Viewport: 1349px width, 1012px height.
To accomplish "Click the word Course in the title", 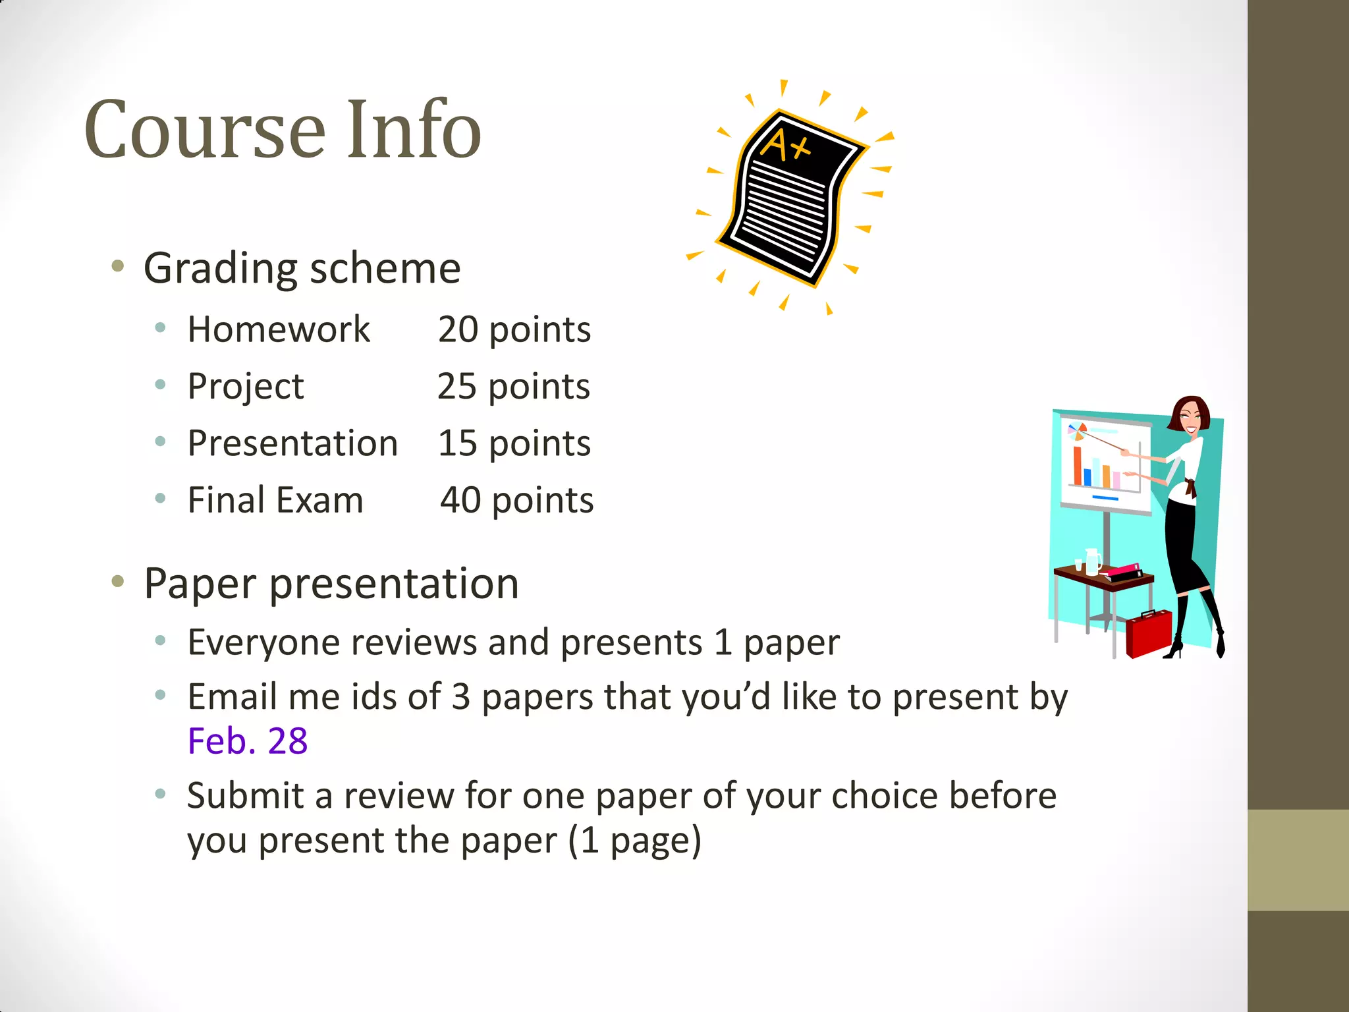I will [205, 130].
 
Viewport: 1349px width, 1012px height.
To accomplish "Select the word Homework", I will [279, 329].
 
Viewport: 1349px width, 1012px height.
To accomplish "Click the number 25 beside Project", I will [457, 386].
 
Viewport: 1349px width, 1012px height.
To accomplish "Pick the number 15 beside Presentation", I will [458, 443].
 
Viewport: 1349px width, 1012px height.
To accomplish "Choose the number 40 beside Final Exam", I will [460, 500].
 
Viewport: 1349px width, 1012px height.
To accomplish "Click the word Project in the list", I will [246, 387].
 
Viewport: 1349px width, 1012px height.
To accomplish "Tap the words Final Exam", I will [275, 500].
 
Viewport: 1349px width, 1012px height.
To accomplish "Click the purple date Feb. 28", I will [248, 741].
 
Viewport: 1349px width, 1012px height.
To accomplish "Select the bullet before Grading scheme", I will [118, 267].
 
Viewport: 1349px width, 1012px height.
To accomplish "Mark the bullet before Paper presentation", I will [118, 582].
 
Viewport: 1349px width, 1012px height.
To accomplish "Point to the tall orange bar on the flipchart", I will [1077, 464].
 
